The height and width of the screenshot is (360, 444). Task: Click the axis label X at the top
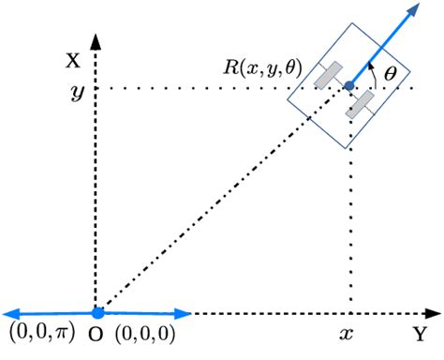pos(72,62)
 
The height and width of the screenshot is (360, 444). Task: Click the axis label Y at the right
pos(421,332)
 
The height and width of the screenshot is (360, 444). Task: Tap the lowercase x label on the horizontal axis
pos(348,333)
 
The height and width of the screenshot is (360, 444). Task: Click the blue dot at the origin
pos(96,313)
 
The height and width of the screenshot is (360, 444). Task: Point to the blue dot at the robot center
pos(349,87)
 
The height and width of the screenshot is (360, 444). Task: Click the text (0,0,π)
pos(41,334)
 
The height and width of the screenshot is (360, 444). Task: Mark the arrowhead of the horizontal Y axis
pos(433,313)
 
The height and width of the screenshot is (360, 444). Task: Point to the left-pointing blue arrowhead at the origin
pos(9,313)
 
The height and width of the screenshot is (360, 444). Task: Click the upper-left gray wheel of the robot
pos(328,76)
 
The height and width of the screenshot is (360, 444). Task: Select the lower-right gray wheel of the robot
pos(361,104)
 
